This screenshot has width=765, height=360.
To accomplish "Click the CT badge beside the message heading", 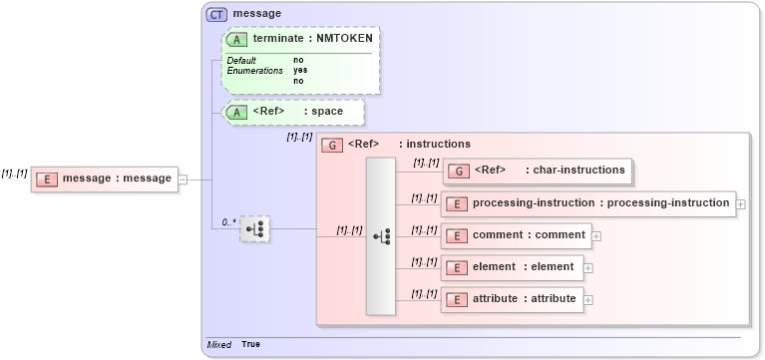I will [216, 14].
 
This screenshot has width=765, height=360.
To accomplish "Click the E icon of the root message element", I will [46, 179].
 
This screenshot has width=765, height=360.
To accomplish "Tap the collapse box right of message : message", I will [183, 180].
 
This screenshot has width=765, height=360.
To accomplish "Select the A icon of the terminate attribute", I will [237, 39].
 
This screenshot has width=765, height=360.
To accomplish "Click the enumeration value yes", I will [300, 71].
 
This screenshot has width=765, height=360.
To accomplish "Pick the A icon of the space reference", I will [237, 112].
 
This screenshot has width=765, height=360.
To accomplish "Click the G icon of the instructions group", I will [332, 145].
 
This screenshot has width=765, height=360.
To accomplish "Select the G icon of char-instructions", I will [459, 171].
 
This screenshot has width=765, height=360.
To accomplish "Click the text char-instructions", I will [578, 170].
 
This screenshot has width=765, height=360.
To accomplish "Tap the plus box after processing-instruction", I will [741, 203].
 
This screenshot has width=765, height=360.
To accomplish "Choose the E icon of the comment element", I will [456, 236].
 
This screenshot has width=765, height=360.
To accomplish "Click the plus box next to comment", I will [596, 236].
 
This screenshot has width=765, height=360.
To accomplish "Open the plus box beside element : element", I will [588, 267].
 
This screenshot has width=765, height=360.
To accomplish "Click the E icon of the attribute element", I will [456, 299].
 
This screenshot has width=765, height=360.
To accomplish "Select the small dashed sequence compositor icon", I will [255, 228].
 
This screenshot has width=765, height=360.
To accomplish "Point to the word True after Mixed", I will [251, 345].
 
